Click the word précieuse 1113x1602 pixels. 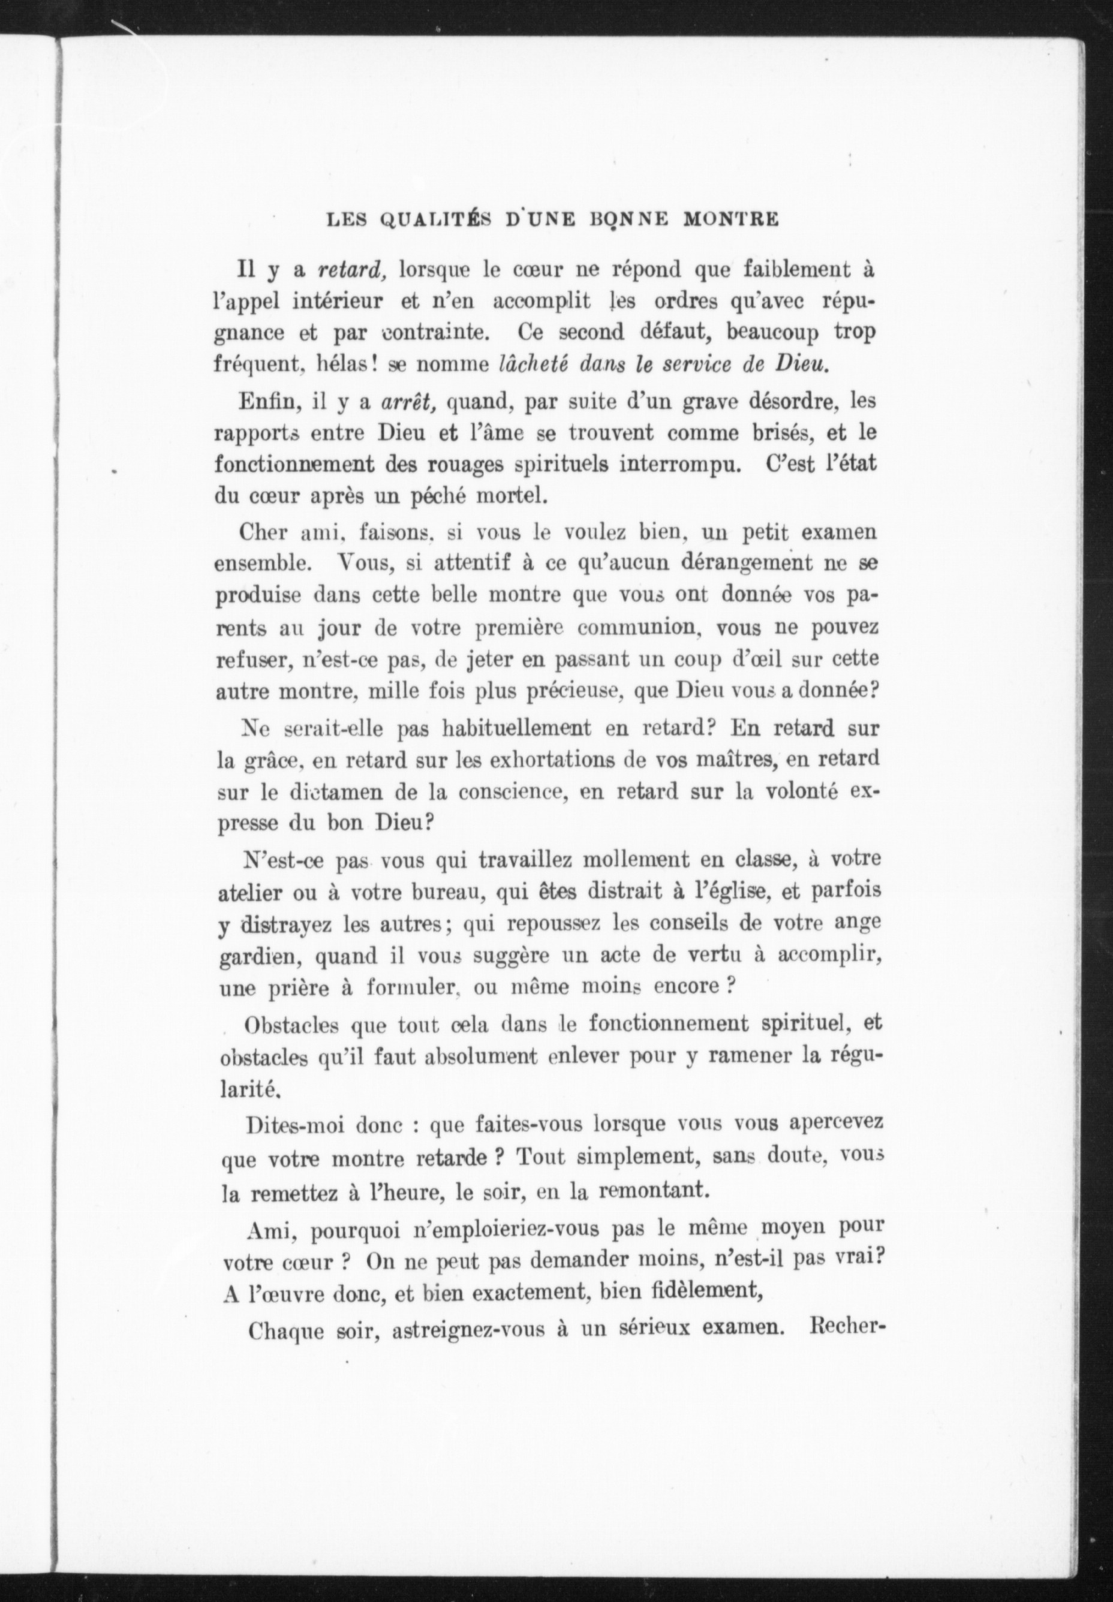572,691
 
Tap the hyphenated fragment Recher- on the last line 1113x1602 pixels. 844,1328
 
